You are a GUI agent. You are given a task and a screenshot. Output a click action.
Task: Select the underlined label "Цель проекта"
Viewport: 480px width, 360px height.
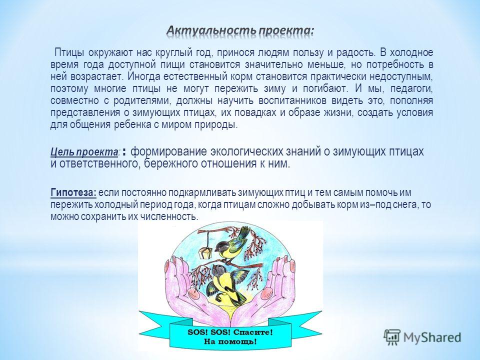pyautogui.click(x=84, y=152)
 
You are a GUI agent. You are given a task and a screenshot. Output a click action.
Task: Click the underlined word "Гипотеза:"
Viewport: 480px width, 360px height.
pyautogui.click(x=73, y=193)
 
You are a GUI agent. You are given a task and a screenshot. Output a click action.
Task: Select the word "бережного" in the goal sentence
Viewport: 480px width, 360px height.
pyautogui.click(x=170, y=164)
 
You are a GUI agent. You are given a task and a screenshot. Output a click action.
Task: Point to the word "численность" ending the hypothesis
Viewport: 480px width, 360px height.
pyautogui.click(x=169, y=216)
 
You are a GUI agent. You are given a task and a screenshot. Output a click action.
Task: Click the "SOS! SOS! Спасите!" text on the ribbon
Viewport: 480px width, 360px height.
pyautogui.click(x=230, y=332)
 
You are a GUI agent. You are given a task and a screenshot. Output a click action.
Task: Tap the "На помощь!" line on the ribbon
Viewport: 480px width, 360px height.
pyautogui.click(x=230, y=341)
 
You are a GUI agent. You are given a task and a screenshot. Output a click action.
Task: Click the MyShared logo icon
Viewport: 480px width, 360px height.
pyautogui.click(x=392, y=337)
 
